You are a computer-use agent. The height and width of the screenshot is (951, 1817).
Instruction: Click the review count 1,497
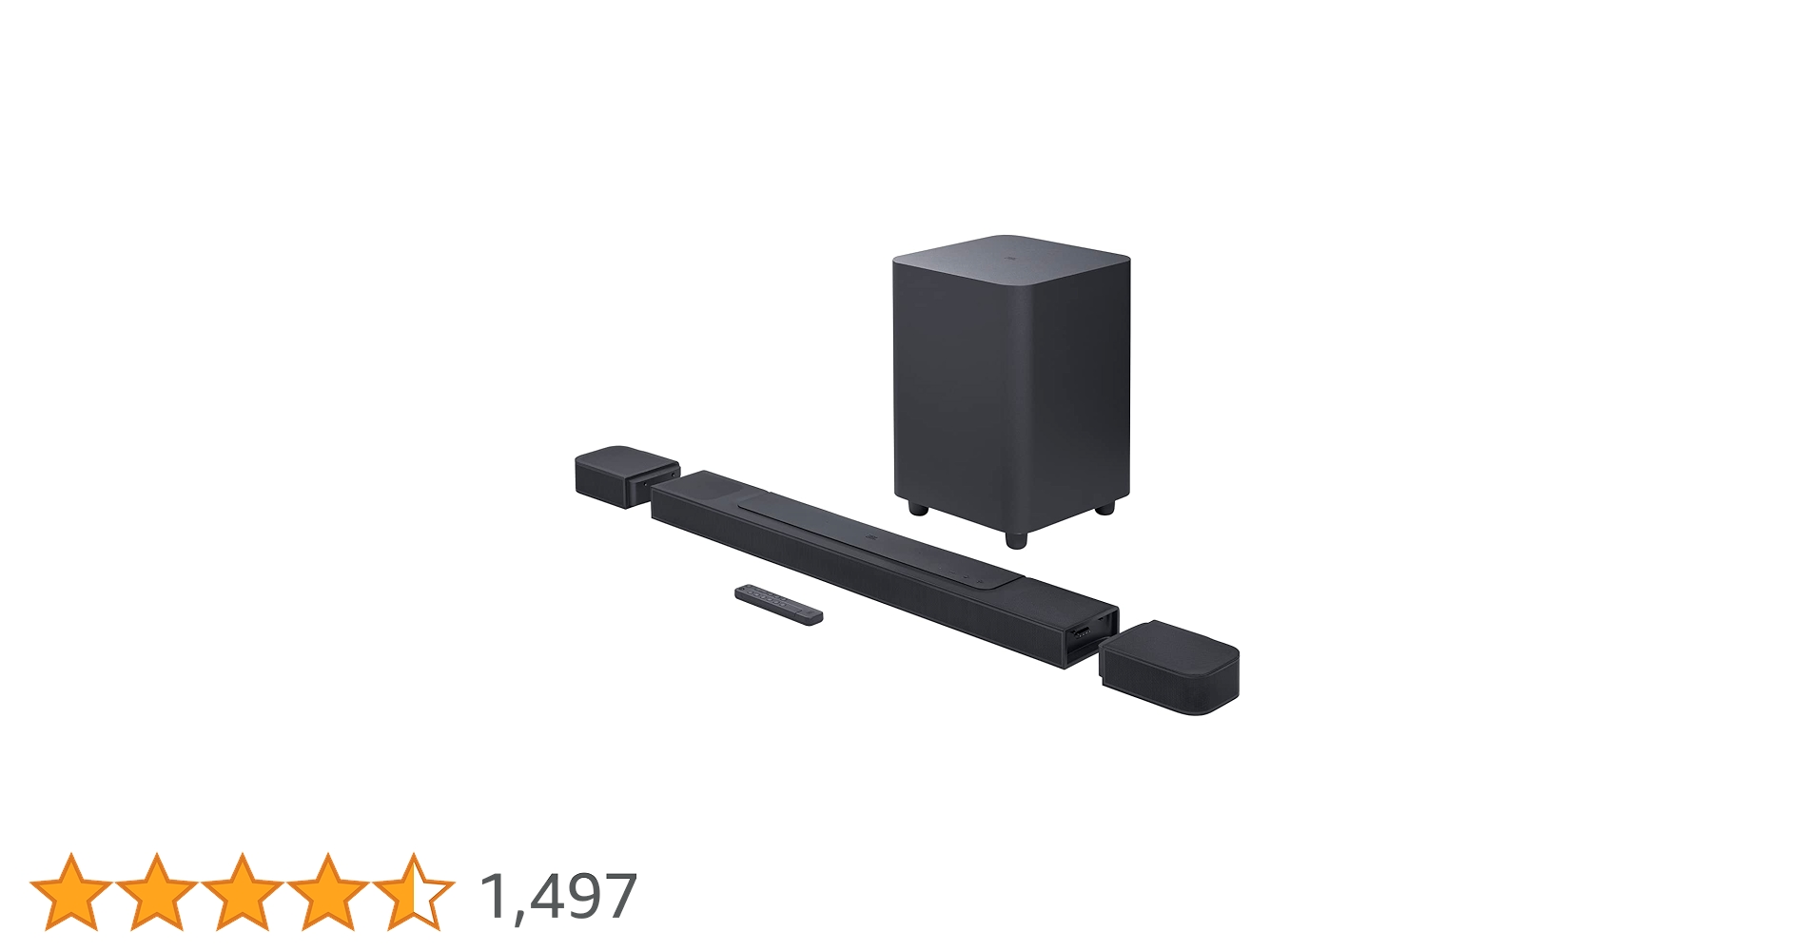(x=558, y=896)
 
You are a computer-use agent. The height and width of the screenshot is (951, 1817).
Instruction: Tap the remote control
(x=778, y=604)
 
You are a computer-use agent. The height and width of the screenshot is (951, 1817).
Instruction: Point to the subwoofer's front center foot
(x=1015, y=539)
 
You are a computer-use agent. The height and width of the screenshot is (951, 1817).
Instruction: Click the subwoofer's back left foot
(x=917, y=509)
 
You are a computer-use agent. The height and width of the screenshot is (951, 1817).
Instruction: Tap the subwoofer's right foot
(x=1104, y=508)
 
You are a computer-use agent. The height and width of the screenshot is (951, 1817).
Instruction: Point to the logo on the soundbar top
(x=869, y=537)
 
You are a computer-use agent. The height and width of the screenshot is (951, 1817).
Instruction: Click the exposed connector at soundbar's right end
(x=1083, y=632)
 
